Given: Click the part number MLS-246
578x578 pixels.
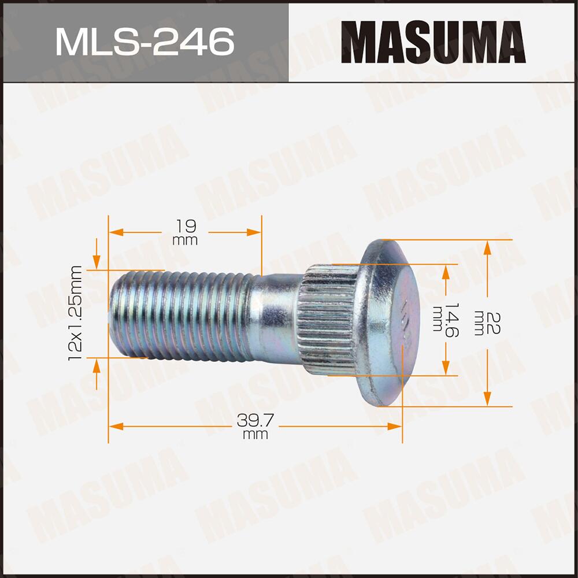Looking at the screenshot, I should pyautogui.click(x=144, y=41).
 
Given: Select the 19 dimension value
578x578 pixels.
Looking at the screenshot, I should pyautogui.click(x=185, y=225).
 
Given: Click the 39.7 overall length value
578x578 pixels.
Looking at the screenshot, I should pyautogui.click(x=255, y=421).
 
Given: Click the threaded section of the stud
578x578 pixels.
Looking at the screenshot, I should pyautogui.click(x=179, y=315).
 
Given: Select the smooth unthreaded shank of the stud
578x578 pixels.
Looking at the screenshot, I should pyautogui.click(x=275, y=315).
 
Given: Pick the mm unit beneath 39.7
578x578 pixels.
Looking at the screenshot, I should pyautogui.click(x=255, y=435).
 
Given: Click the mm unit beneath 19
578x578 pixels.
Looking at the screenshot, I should pyautogui.click(x=185, y=240).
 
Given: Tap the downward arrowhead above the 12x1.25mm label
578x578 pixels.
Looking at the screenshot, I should pyautogui.click(x=97, y=253).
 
